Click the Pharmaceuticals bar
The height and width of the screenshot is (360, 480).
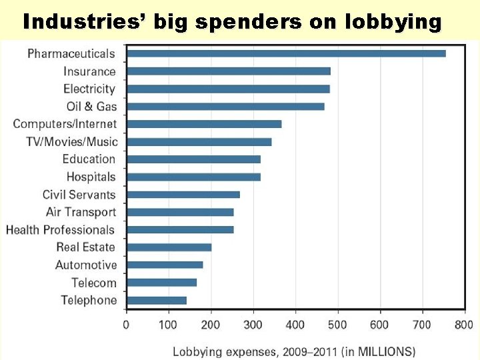[x=286, y=53]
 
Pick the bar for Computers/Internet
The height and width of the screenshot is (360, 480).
[x=204, y=124]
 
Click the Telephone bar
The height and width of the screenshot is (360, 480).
[x=157, y=301]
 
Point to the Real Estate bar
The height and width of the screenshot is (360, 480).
[x=169, y=247]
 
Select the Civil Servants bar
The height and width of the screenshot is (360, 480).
[x=183, y=195]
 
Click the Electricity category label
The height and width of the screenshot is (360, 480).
[x=89, y=89]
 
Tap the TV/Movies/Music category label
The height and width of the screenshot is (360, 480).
[x=71, y=141]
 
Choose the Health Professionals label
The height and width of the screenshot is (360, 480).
[x=61, y=230]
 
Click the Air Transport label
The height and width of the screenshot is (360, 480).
[x=81, y=212]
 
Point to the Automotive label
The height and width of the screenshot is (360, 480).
[x=86, y=265]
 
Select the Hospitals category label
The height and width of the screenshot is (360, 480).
[x=91, y=177]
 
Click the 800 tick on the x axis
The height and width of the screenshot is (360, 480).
[x=465, y=325]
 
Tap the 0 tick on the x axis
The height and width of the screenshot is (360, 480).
[x=126, y=325]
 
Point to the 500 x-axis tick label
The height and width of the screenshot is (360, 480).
[x=338, y=325]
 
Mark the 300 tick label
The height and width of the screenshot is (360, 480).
[x=253, y=325]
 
